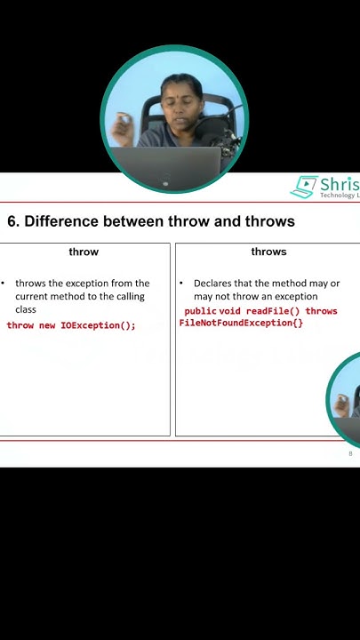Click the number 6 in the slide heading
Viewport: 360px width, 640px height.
pyautogui.click(x=12, y=221)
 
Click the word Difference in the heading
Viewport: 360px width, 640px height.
pyautogui.click(x=60, y=221)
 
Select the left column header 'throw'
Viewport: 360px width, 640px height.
pyautogui.click(x=84, y=252)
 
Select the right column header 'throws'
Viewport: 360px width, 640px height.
pyautogui.click(x=268, y=252)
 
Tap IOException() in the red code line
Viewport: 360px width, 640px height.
pyautogui.click(x=98, y=325)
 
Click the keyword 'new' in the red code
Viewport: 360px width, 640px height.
pyautogui.click(x=47, y=325)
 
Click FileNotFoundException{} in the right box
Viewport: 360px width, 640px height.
pyautogui.click(x=241, y=323)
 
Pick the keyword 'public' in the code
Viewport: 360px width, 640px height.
pyautogui.click(x=200, y=312)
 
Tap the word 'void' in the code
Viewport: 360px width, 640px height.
pyautogui.click(x=230, y=312)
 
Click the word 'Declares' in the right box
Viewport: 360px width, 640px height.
pyautogui.click(x=215, y=283)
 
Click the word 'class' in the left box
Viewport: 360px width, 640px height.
pyautogui.click(x=26, y=309)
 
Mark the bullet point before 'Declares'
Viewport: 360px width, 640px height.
pyautogui.click(x=181, y=283)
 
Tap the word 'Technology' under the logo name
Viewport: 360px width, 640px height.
pyautogui.click(x=338, y=196)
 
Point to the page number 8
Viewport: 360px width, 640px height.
pyautogui.click(x=350, y=453)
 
